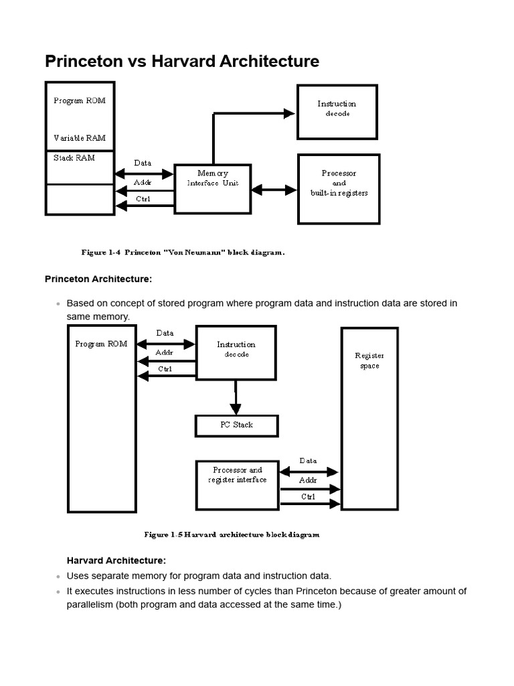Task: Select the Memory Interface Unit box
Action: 212,188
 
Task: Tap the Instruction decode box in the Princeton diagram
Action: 337,111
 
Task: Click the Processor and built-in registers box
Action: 339,188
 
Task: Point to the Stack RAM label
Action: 74,158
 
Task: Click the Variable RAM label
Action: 79,138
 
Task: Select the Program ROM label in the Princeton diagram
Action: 79,100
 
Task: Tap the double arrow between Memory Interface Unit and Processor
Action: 274,190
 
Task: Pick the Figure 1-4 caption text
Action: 183,253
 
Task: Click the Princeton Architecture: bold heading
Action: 98,279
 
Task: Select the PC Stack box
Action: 236,425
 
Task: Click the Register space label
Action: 369,361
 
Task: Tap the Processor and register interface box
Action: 236,484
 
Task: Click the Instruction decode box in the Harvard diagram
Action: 236,352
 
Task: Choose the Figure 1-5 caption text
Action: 232,535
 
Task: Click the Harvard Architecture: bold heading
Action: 116,560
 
